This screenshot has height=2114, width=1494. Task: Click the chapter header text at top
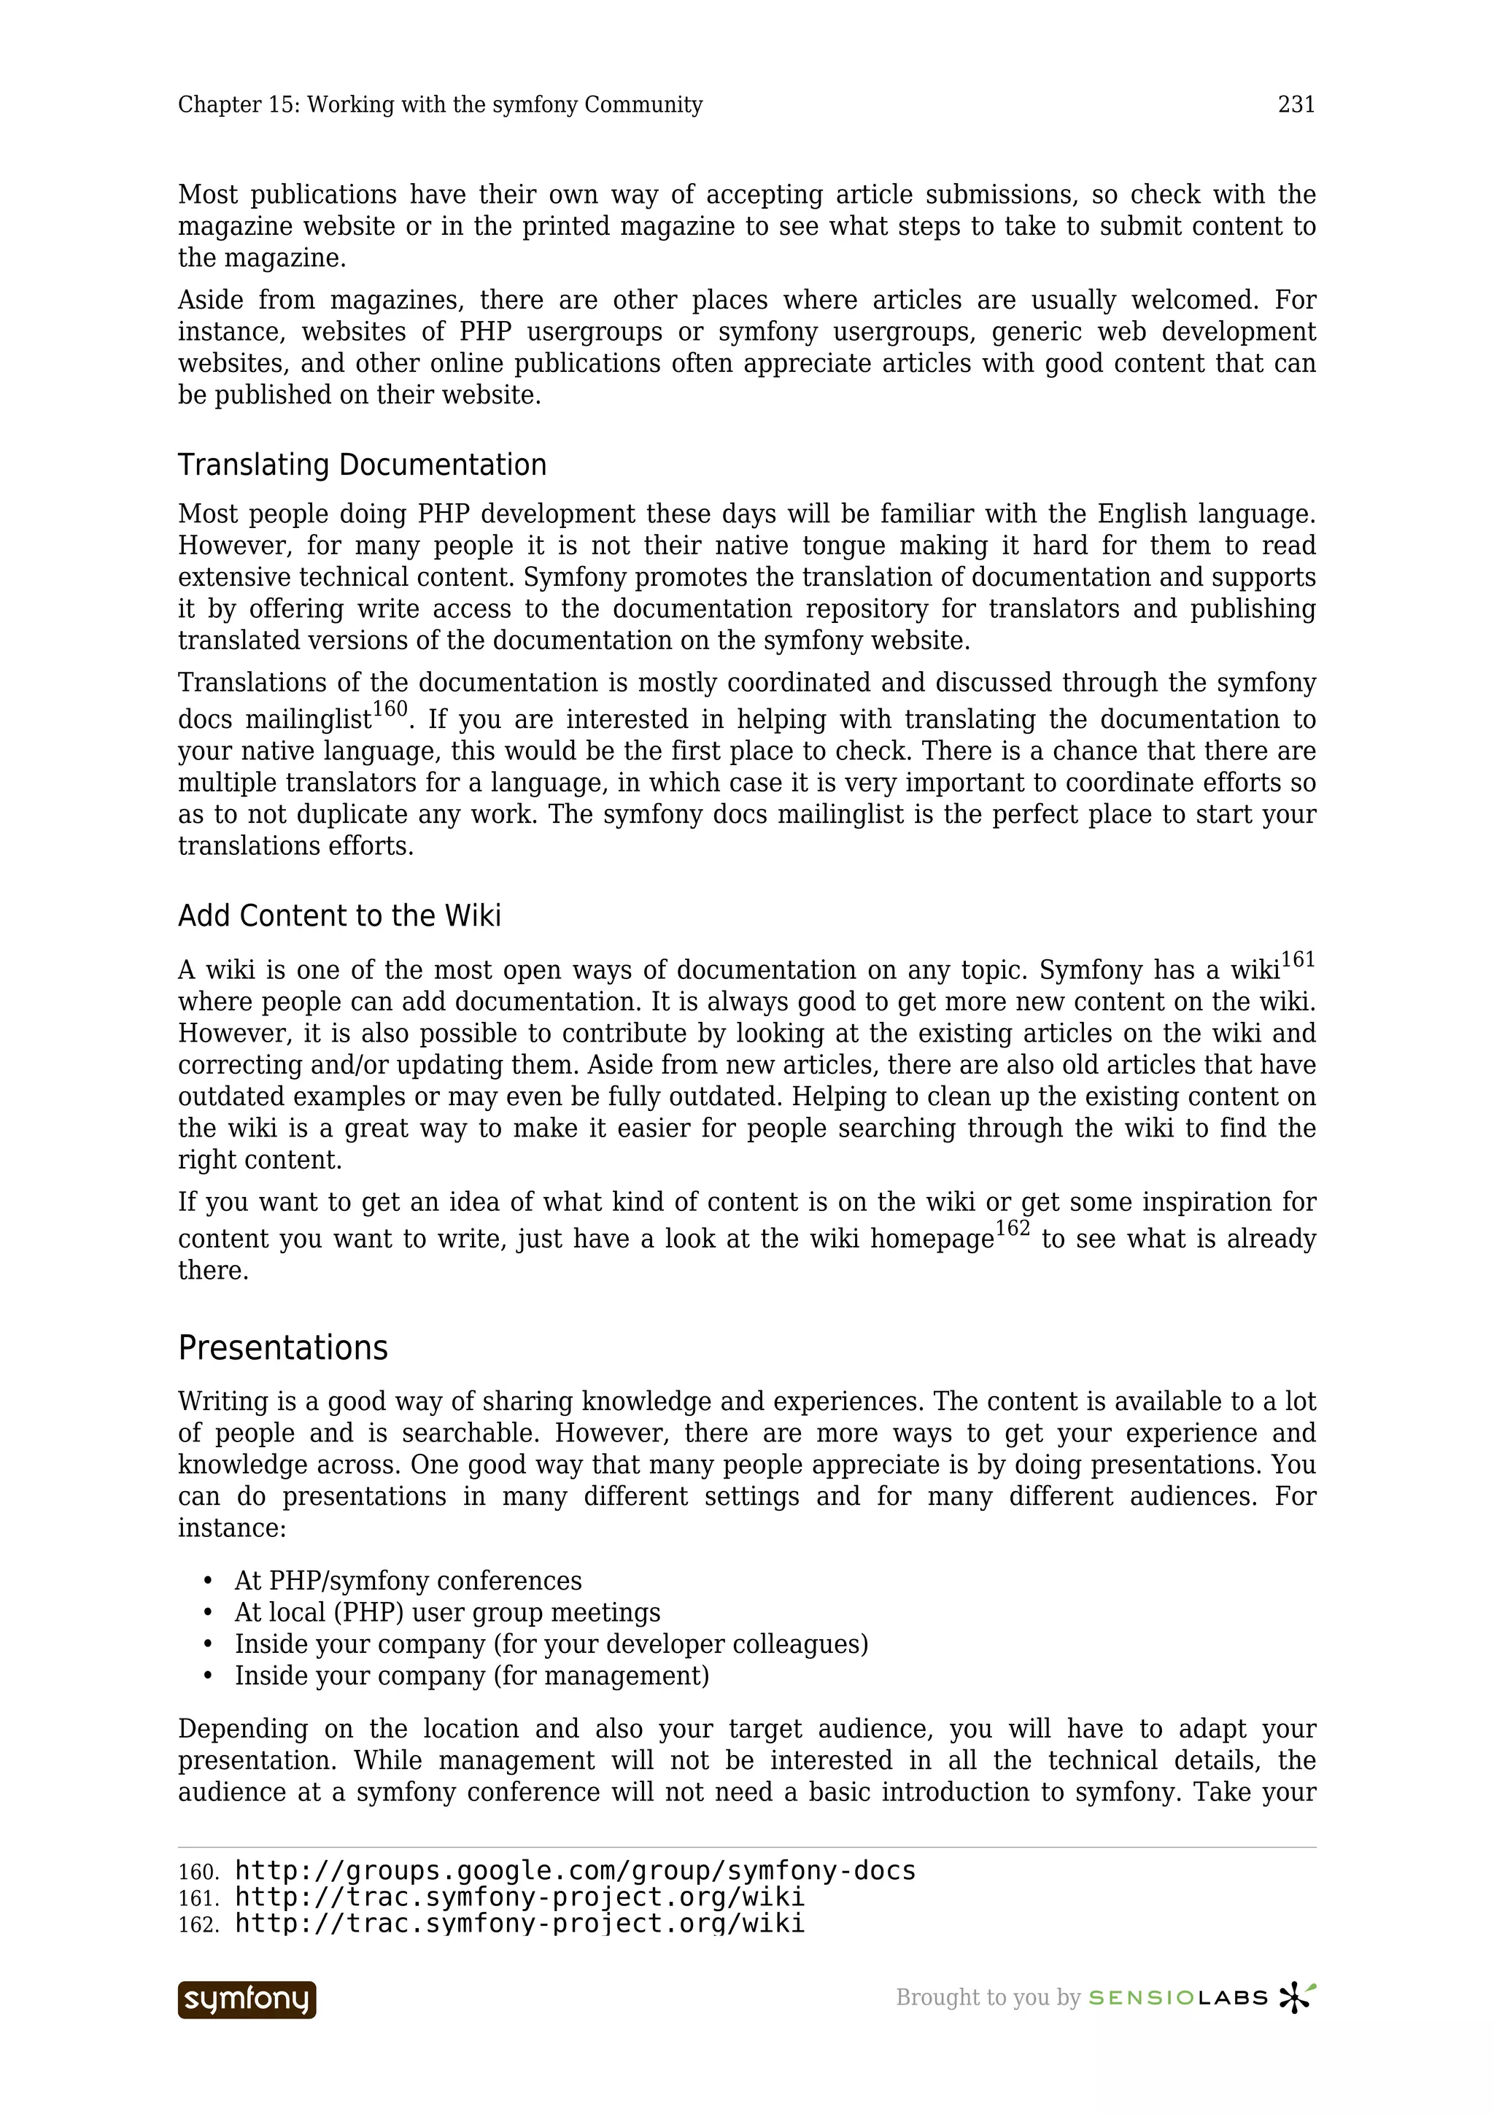[x=440, y=105]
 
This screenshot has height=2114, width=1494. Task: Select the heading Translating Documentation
[x=362, y=465]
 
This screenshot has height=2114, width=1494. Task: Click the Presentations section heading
[x=282, y=1348]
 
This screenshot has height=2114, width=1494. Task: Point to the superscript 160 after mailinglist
[x=390, y=710]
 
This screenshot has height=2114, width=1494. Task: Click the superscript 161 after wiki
[x=1298, y=960]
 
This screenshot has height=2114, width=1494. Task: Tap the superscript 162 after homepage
[x=1013, y=1229]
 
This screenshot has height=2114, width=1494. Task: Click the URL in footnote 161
[x=520, y=1897]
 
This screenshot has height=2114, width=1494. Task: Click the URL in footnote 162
[x=520, y=1924]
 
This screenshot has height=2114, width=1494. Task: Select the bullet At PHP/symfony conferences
[x=408, y=1581]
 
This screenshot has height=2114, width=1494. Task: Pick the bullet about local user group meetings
[x=447, y=1612]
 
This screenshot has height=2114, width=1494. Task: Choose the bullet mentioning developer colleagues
[x=551, y=1643]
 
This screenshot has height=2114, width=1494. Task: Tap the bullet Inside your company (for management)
[x=471, y=1675]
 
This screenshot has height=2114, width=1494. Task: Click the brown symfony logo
[x=247, y=1999]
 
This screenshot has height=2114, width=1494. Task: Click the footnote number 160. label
[x=198, y=1873]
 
